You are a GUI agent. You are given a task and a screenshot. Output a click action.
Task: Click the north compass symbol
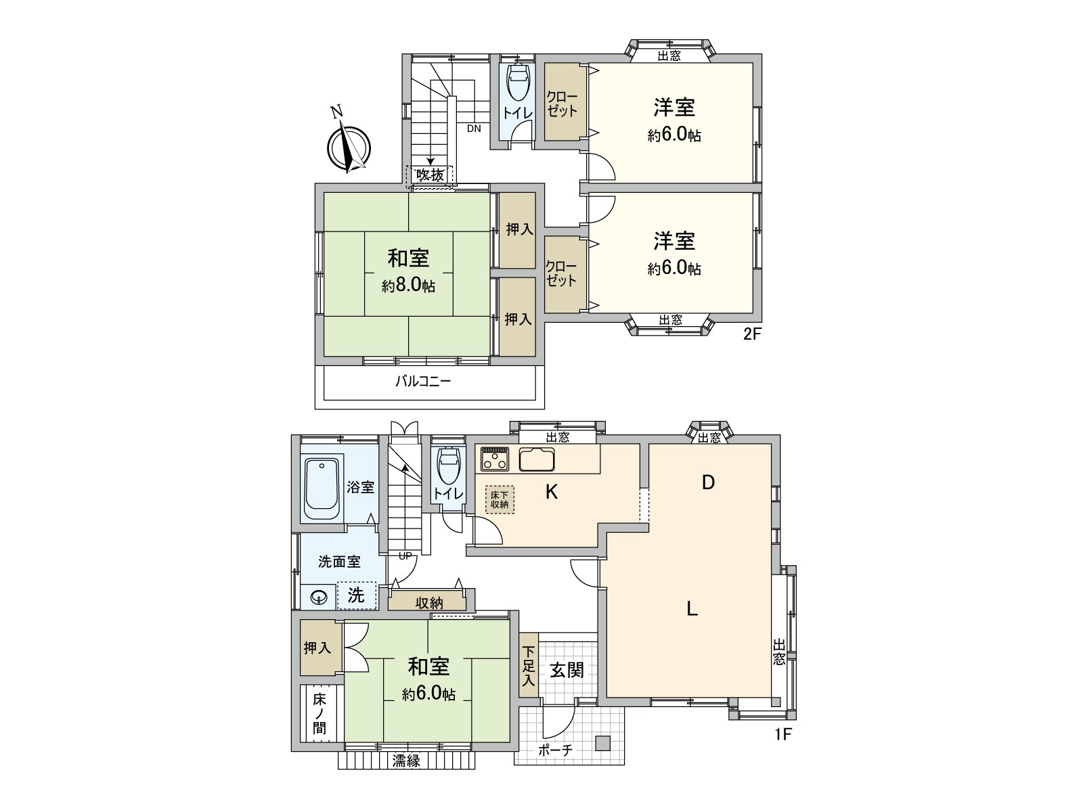pos(349,148)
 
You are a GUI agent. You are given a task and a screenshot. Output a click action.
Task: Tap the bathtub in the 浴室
pos(322,489)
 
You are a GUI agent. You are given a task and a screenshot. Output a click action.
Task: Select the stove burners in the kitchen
pos(495,459)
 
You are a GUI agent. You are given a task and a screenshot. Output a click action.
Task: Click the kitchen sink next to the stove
pos(537,459)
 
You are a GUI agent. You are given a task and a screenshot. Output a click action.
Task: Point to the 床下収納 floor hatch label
pos(500,499)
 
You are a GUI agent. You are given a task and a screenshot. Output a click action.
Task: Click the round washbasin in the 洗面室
pos(319,597)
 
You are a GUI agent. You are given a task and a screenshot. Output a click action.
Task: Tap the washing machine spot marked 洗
pos(357,595)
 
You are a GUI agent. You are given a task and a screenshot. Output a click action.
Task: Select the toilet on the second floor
pos(518,85)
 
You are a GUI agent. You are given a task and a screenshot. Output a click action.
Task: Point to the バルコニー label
pos(423,382)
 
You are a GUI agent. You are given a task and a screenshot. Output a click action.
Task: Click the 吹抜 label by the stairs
pos(430,175)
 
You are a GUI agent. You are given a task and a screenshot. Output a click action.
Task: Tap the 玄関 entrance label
pos(566,670)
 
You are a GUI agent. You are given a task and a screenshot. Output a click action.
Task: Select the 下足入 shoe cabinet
pos(529,666)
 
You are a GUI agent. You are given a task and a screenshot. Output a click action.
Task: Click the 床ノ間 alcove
pos(319,714)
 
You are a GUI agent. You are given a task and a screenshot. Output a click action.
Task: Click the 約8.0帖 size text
pos(408,286)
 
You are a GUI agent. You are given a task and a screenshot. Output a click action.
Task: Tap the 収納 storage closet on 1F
pos(428,602)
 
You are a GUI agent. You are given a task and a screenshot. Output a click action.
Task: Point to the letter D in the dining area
pos(708,482)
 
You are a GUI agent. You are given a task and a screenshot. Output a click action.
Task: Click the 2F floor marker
pos(753,334)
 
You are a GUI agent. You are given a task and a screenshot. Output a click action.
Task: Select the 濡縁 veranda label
pos(406,761)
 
